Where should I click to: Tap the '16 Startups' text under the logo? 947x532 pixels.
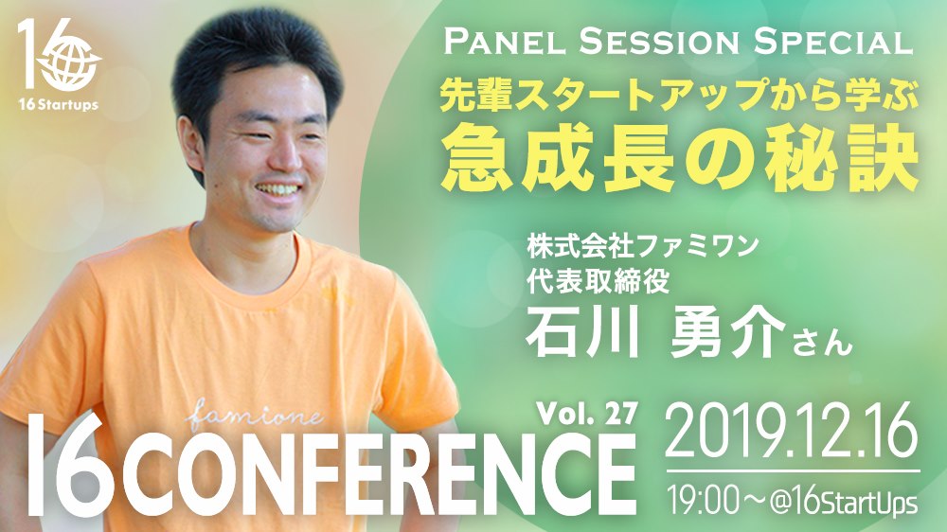[58, 105]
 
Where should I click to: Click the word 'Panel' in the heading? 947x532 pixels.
[505, 44]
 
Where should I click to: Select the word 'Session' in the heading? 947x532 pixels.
[660, 44]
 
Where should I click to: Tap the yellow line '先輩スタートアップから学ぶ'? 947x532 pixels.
[679, 96]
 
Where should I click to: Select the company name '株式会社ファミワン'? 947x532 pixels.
[642, 246]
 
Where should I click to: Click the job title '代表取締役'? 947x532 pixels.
[598, 281]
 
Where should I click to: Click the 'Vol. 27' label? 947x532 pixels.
[587, 415]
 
